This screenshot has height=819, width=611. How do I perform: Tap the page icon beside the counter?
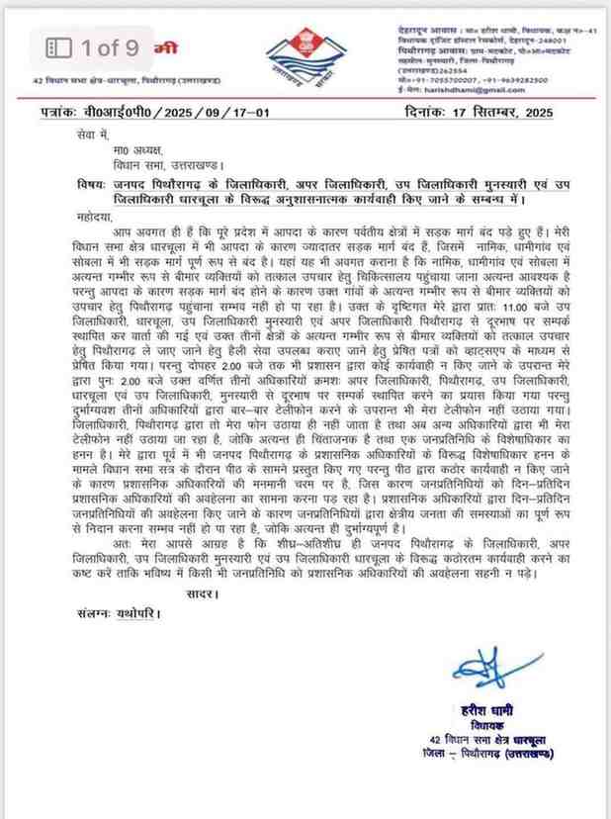click(60, 45)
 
